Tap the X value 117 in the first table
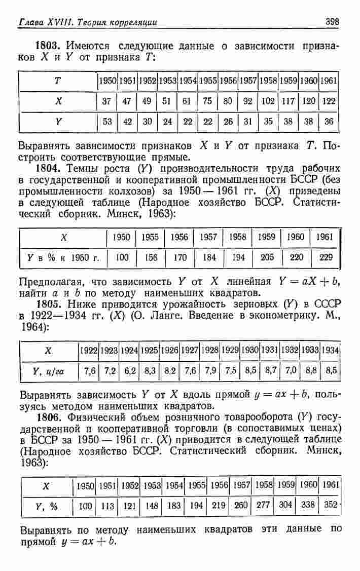coord(288,101)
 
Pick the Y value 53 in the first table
coord(106,122)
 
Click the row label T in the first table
coord(59,81)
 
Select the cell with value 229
coord(326,257)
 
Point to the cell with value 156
coord(151,257)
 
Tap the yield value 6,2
coord(129,370)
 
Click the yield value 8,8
coord(311,370)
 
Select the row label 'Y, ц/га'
coord(49,371)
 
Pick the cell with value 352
coord(330,505)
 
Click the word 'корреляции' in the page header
coord(133,22)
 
